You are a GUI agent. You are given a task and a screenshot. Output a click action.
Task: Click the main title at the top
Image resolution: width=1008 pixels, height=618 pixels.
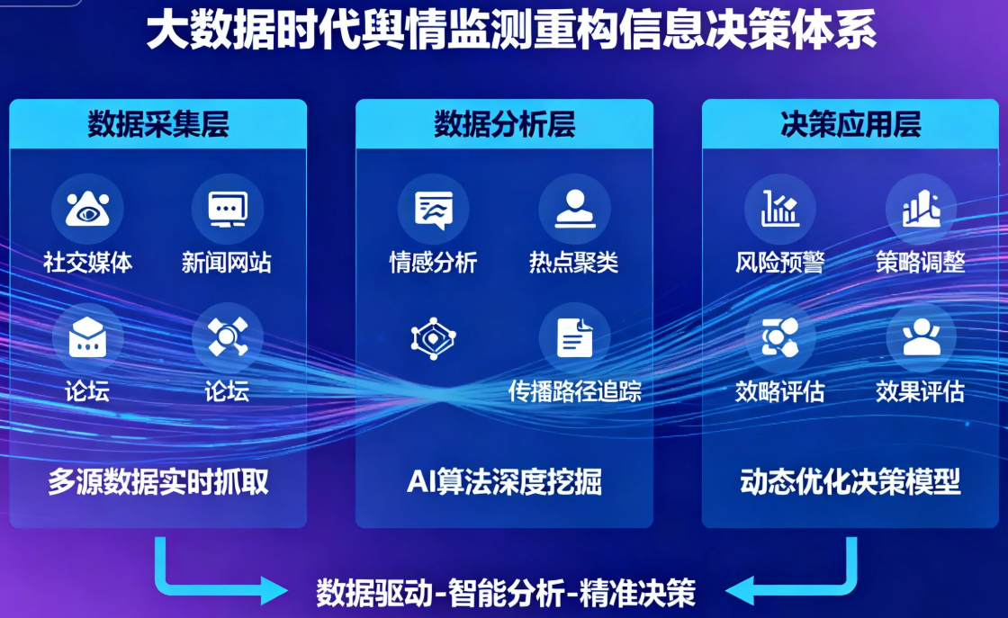[510, 31]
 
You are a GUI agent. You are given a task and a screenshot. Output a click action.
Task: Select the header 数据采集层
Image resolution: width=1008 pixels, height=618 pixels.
[158, 124]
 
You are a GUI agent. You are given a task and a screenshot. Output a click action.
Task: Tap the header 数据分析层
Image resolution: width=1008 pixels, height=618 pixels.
[504, 124]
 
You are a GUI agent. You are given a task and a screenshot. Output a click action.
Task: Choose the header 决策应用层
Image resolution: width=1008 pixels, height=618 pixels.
[850, 124]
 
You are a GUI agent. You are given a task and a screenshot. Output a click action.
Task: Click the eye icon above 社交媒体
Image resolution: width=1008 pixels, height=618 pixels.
[87, 209]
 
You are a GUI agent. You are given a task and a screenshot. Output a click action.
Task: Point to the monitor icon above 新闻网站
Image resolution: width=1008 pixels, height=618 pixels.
[227, 209]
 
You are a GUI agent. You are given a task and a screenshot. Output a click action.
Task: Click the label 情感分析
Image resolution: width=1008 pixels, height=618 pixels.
[433, 262]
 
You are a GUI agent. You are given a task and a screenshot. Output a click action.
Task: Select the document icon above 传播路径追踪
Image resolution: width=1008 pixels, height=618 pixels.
[573, 337]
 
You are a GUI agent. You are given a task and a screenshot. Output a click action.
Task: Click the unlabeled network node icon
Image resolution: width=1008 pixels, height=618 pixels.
[433, 338]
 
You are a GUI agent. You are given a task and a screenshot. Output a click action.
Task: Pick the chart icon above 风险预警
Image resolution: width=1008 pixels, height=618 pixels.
[779, 209]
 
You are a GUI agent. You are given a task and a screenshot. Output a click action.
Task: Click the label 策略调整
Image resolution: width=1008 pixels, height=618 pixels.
[920, 262]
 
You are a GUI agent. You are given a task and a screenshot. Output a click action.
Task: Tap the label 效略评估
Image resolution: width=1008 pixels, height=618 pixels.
[779, 391]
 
